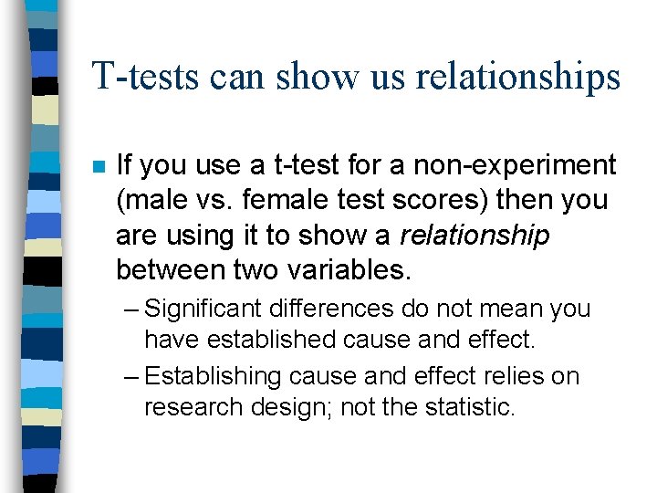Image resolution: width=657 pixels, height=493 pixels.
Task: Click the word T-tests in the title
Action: coord(146,77)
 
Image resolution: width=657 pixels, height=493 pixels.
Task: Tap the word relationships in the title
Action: coord(517,77)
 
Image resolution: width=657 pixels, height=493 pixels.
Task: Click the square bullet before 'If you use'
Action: coord(98,167)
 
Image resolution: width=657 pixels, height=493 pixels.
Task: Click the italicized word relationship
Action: coord(474,235)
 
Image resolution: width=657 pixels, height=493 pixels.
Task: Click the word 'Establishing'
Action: coord(214,376)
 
